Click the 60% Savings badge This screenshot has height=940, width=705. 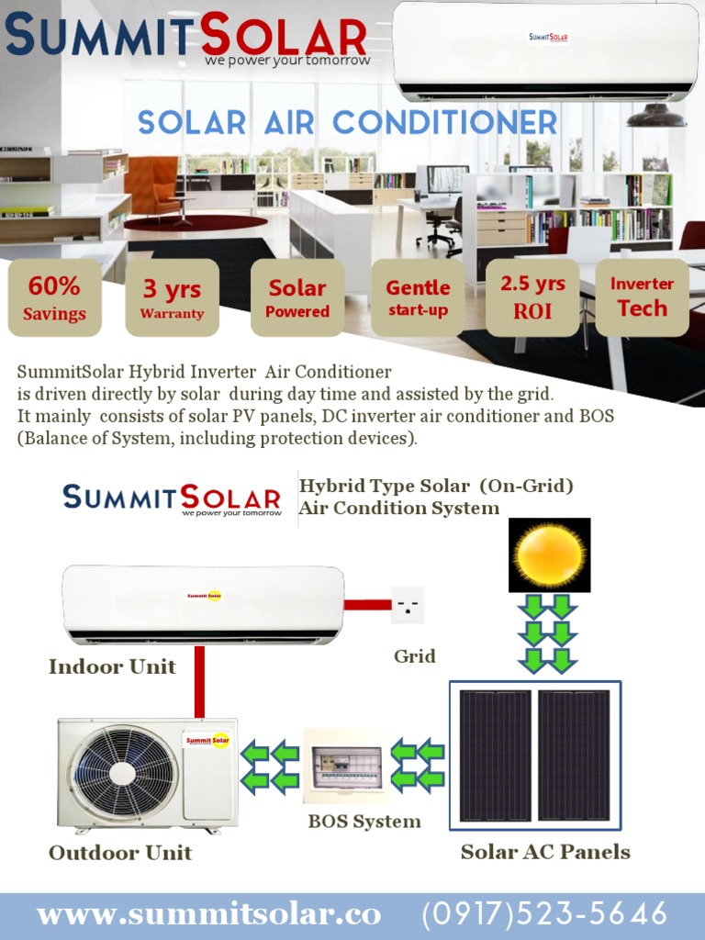54,298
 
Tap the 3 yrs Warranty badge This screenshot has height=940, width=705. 172,298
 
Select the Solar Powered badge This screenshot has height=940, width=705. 297,298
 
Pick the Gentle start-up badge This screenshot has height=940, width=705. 418,297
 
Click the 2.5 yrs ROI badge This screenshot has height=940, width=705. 532,297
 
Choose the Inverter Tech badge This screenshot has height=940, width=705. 642,297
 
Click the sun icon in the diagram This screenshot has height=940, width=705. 549,554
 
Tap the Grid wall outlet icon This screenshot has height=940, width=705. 407,605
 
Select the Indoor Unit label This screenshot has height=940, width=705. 112,667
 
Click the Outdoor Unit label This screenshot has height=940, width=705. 120,853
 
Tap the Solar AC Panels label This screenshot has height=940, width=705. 545,852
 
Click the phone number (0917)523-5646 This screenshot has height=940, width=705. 544,914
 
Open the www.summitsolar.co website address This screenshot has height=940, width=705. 208,914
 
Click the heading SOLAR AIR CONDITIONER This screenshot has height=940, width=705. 347,122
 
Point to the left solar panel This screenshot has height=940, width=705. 495,755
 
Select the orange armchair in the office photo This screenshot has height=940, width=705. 152,184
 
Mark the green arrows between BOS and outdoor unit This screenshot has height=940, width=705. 271,767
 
